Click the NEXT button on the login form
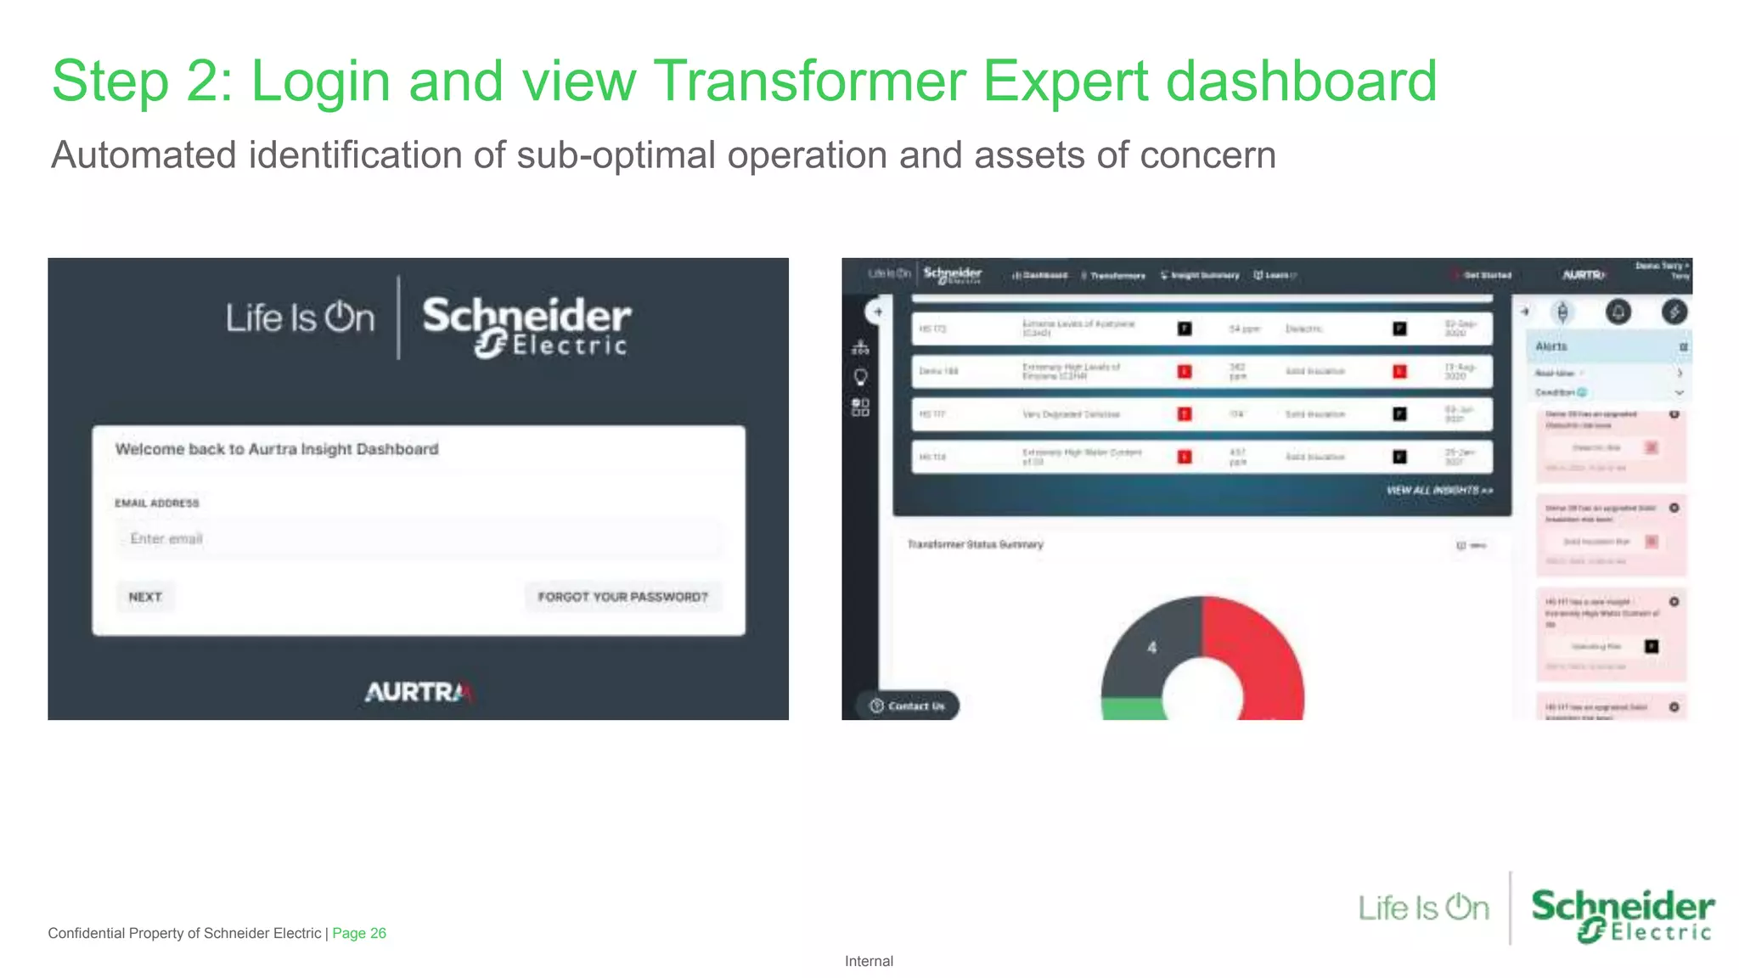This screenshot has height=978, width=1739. coord(145,597)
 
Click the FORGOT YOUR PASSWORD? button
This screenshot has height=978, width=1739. coord(622,597)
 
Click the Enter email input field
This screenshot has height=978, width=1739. coord(418,539)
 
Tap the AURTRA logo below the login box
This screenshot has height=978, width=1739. coord(418,692)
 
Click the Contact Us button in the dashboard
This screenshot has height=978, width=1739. coord(908,705)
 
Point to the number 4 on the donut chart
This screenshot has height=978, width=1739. coord(1151,648)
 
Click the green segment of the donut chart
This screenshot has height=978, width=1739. coord(1129,710)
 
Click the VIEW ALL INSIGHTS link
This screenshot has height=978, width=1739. coord(1438,491)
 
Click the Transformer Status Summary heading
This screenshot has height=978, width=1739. coord(975,544)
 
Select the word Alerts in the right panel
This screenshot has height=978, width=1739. coord(1551,346)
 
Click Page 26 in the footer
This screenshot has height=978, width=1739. coord(359,933)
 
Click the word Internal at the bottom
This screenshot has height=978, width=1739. coord(869,961)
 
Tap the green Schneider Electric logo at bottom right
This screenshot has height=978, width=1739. coord(1622,915)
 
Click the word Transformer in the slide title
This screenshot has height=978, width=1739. coord(809,81)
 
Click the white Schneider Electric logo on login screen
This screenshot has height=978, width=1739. coord(526,327)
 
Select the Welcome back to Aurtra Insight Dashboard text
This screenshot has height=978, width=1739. coord(277,449)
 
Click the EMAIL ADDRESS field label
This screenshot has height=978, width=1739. coord(157,503)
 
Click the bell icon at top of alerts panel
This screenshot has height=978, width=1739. coord(1618,312)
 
